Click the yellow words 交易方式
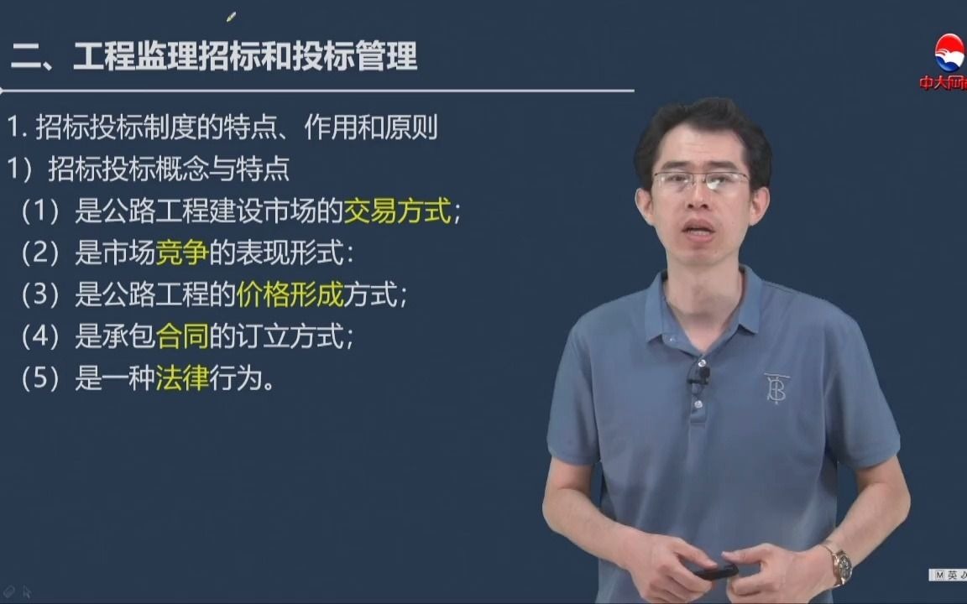tap(398, 211)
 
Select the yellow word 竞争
tap(181, 253)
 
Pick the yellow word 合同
tap(181, 336)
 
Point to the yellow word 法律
tap(181, 379)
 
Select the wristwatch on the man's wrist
tap(838, 564)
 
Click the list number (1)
tap(41, 211)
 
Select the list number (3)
tap(41, 295)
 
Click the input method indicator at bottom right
tap(947, 575)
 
